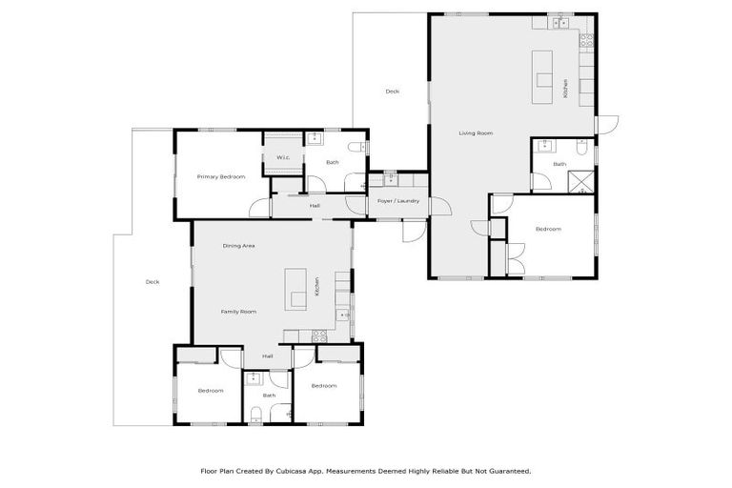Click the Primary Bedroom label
(x=221, y=177)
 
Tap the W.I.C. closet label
(x=283, y=157)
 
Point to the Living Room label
(x=476, y=133)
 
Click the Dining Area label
(x=238, y=246)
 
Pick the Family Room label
(x=238, y=312)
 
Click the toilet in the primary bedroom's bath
(x=356, y=148)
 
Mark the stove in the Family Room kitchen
(x=321, y=335)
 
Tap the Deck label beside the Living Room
(x=392, y=91)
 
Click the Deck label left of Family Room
(x=152, y=282)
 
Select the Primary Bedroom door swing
(x=259, y=207)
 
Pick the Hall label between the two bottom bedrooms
(x=268, y=356)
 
